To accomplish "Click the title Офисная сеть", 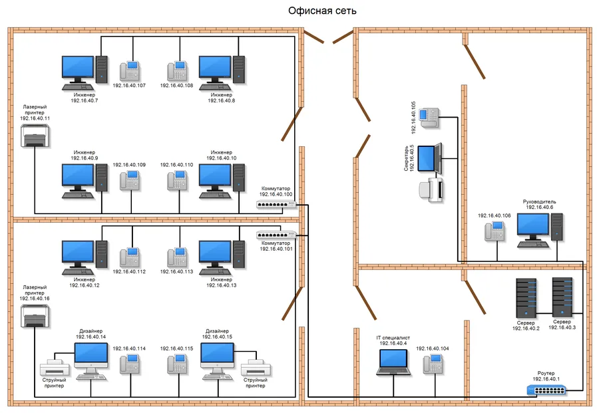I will [322, 11].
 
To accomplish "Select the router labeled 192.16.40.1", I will [548, 390].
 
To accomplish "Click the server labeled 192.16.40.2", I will [526, 297].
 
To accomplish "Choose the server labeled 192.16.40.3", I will [562, 296].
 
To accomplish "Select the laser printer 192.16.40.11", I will [36, 139].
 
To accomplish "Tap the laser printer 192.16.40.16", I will [35, 318].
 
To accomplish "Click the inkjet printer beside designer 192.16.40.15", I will [254, 368].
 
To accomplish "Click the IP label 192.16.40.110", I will [176, 164].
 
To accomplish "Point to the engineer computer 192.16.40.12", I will [84, 257].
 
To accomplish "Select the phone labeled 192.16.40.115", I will [177, 363].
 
